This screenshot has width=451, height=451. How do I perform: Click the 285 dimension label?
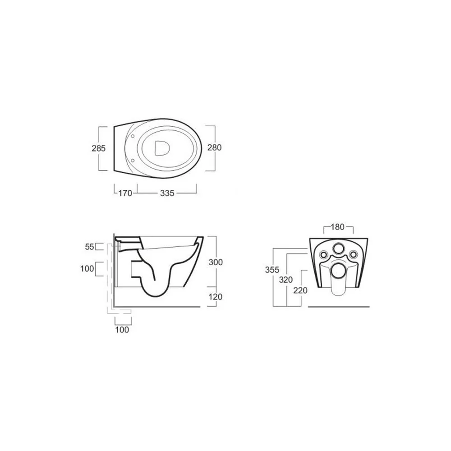99,148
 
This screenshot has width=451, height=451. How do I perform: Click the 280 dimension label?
215,147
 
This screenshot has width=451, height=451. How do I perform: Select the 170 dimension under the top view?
125,193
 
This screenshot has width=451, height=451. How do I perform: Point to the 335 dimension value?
167,193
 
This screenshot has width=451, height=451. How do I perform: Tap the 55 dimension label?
89,247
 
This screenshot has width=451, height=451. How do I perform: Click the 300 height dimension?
216,262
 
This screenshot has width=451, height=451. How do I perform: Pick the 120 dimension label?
216,297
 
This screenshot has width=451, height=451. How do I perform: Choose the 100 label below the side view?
122,330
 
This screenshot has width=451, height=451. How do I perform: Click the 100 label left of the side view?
87,269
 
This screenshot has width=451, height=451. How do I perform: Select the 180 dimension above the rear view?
338,227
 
